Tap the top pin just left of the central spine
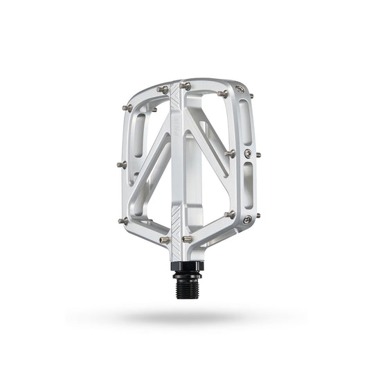coord(163,89)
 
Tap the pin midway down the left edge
coord(121,165)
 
